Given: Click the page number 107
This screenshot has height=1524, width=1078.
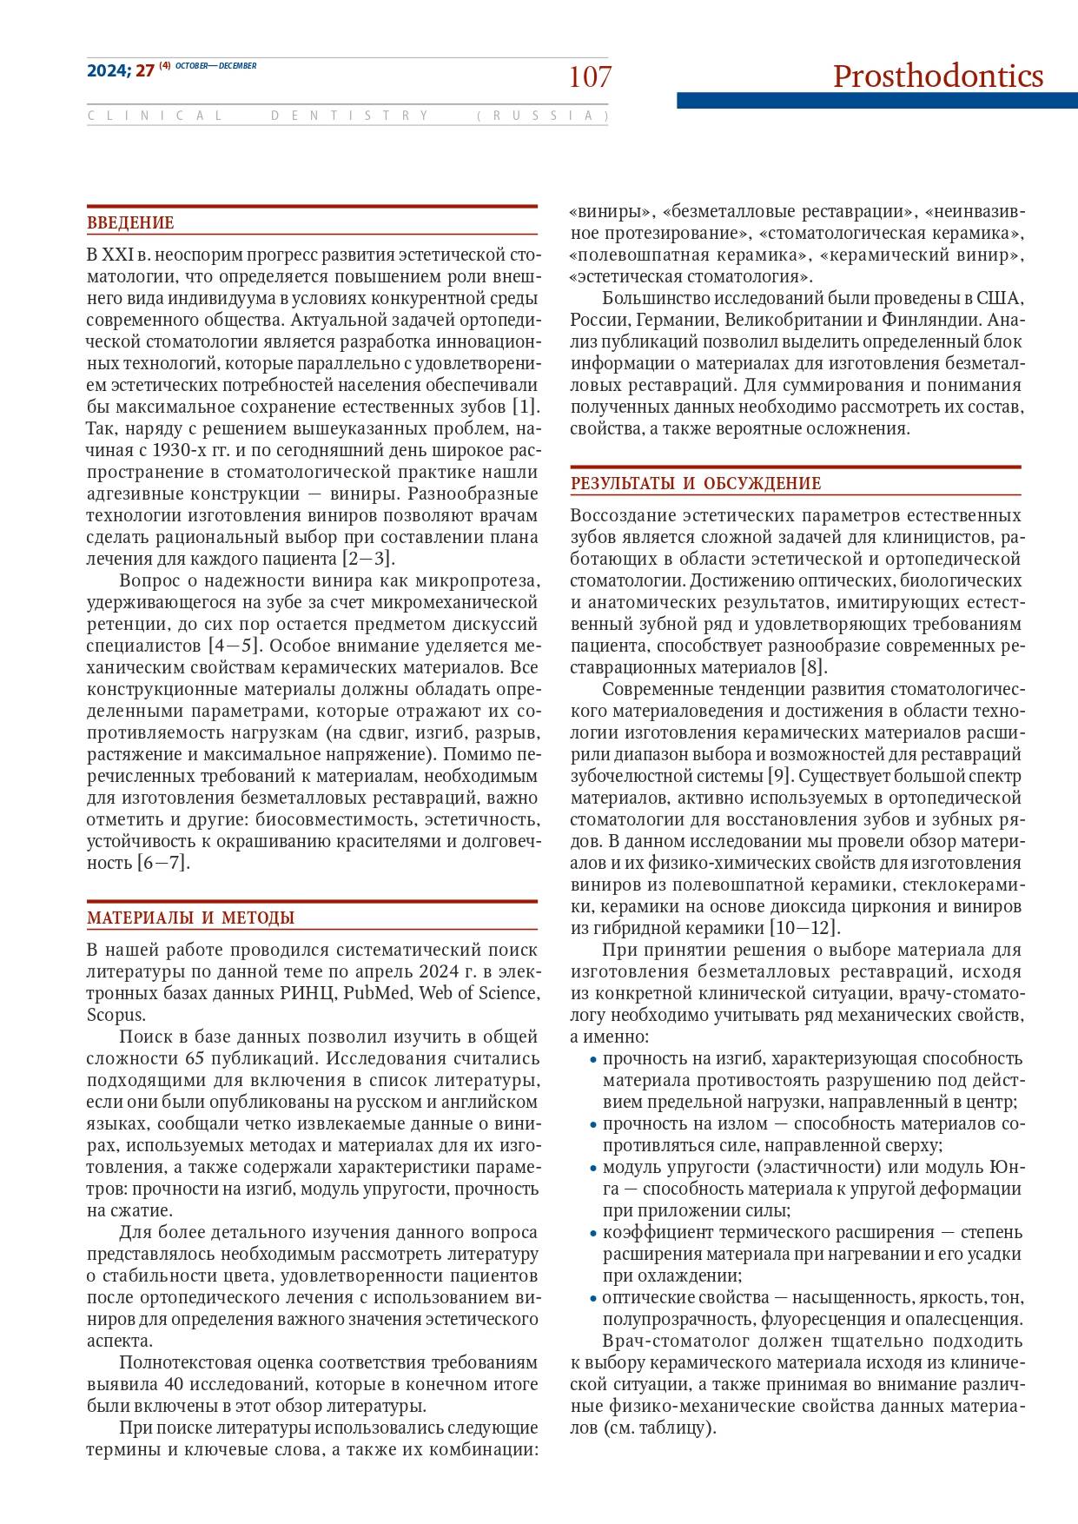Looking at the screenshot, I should (x=590, y=77).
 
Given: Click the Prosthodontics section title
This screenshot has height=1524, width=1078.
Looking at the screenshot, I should (x=937, y=76).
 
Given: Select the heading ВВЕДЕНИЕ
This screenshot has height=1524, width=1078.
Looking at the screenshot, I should (x=130, y=223).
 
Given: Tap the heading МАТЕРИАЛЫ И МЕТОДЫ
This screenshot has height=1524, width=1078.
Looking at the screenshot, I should (x=190, y=918).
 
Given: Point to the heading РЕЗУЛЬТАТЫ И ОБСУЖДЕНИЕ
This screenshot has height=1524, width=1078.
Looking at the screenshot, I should (x=695, y=484).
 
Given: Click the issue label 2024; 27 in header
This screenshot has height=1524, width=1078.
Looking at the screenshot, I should (x=120, y=71).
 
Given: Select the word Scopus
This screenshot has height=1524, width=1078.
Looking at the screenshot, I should (x=116, y=1015).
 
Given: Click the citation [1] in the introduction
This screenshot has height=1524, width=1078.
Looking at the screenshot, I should (x=525, y=407).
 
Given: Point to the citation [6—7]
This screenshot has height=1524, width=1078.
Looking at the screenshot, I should (x=162, y=863).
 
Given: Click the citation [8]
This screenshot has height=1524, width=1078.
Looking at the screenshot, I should (x=813, y=667).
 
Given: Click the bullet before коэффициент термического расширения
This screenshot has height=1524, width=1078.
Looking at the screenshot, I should (x=593, y=1234).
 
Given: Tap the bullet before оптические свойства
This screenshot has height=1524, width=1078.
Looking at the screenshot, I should (x=593, y=1299).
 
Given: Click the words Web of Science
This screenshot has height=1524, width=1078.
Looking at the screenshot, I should (x=476, y=993).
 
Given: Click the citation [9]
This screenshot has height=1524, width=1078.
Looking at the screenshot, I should (x=778, y=776).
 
